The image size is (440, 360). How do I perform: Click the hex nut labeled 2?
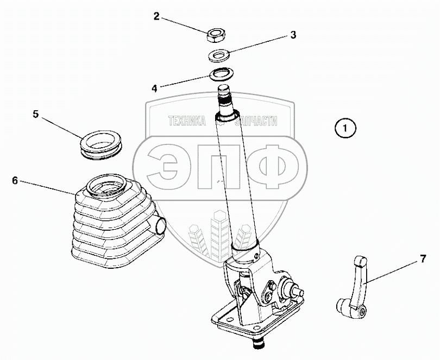tap(216, 35)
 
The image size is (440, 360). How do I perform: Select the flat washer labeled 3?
tap(219, 55)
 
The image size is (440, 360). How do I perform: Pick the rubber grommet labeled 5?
tap(101, 146)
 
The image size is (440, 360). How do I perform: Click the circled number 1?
tap(345, 128)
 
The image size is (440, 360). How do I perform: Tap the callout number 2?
tap(156, 16)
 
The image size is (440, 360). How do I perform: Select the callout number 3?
tap(293, 35)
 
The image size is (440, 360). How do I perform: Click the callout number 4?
tap(155, 89)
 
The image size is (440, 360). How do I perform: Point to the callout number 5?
tap(35, 115)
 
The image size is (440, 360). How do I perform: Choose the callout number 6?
tap(15, 181)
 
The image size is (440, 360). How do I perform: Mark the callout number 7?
tap(423, 259)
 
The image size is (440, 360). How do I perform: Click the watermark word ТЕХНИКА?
tap(187, 121)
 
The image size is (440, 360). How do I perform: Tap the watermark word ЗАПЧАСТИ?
tap(256, 121)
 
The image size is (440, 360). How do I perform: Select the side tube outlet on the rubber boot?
tap(160, 225)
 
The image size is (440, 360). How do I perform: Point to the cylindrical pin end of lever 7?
tap(343, 306)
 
